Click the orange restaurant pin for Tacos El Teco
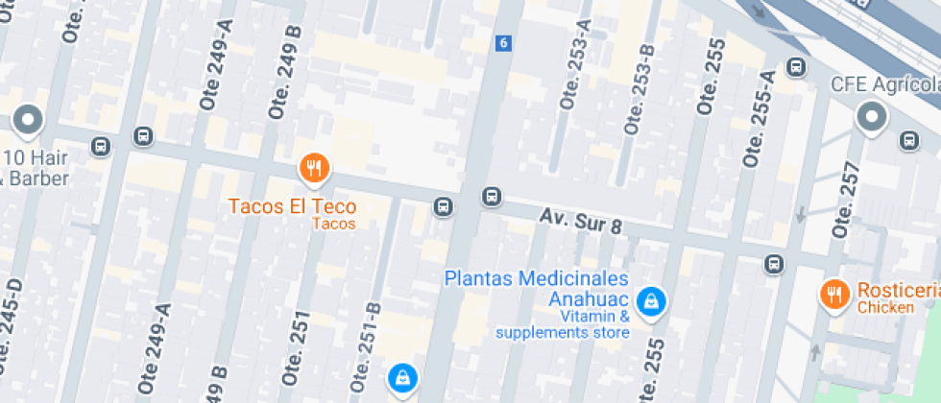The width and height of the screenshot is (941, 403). (314, 170)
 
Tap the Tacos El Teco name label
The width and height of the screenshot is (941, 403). (292, 206)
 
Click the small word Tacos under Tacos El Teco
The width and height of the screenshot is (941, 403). (334, 225)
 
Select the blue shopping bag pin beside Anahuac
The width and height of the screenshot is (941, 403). (652, 301)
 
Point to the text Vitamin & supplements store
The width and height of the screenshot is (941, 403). (563, 324)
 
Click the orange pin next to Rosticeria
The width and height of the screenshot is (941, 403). (833, 294)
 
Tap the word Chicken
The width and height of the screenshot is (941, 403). (886, 308)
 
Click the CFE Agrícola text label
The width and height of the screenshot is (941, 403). (884, 84)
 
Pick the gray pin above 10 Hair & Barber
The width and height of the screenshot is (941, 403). (27, 121)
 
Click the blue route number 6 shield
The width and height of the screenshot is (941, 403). (503, 43)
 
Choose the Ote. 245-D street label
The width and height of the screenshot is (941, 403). (9, 327)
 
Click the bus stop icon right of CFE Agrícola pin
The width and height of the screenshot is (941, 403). (908, 141)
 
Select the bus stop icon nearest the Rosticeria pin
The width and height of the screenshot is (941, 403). (774, 263)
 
